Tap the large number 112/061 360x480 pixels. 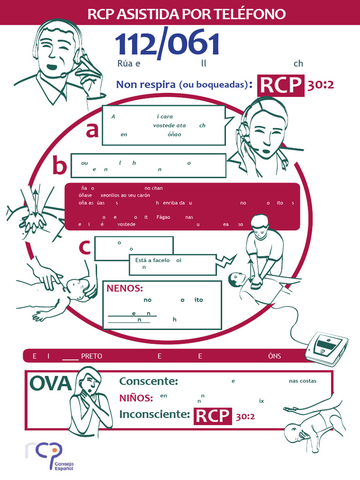[x=167, y=45]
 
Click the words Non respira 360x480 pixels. [x=146, y=84]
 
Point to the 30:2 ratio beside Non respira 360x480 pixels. [x=321, y=85]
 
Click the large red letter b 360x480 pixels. [x=60, y=166]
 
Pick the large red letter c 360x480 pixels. [x=84, y=247]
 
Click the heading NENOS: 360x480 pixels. [x=125, y=288]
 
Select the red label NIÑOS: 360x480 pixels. [x=136, y=398]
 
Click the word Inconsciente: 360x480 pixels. [x=155, y=414]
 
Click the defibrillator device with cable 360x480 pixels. [x=327, y=347]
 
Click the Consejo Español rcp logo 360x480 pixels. [x=44, y=455]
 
